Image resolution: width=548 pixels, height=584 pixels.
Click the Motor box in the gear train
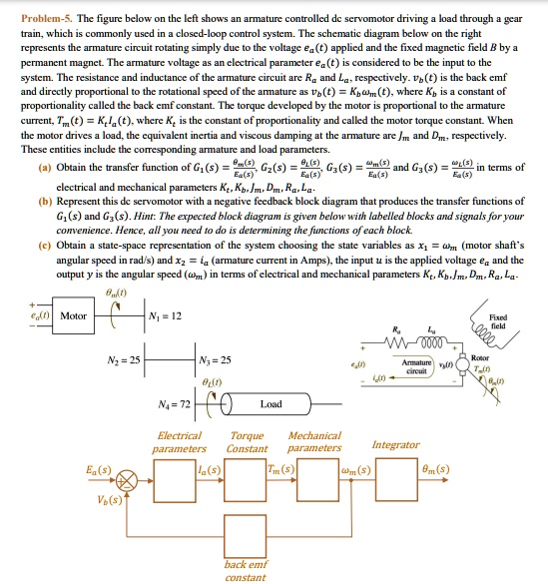(74, 315)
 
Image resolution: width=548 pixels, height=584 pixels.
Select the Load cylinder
(271, 404)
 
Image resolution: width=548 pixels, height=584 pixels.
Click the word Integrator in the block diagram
(395, 444)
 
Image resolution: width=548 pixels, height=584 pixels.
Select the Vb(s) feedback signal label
(109, 499)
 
